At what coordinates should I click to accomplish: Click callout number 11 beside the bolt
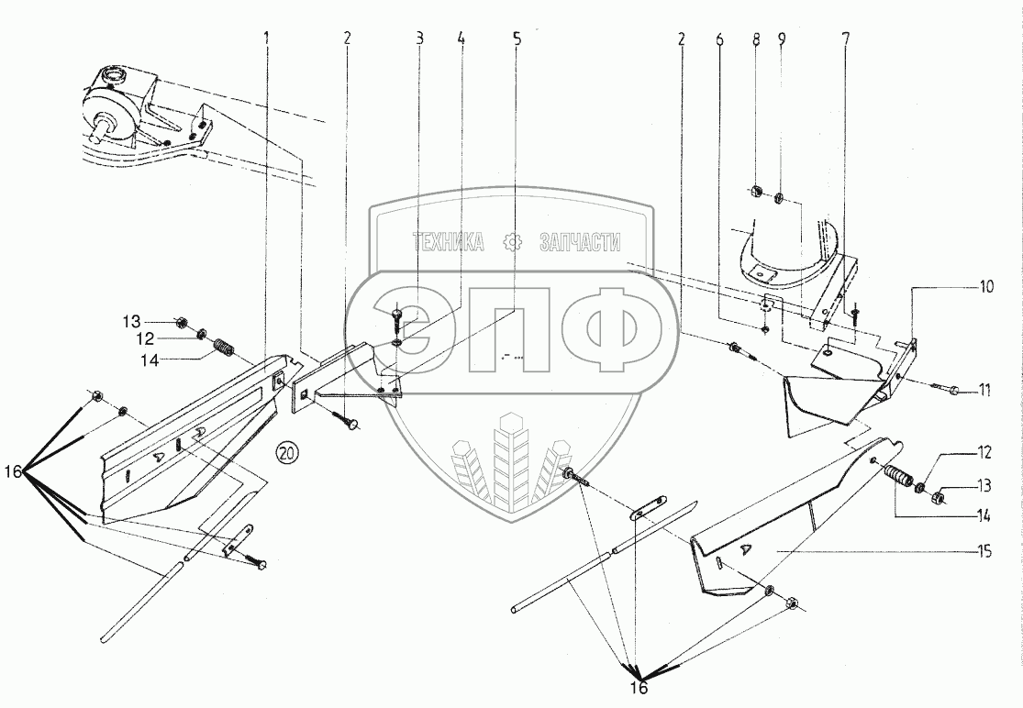pyautogui.click(x=984, y=390)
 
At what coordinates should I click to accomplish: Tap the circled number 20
pyautogui.click(x=287, y=451)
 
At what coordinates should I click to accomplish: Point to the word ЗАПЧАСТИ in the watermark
pyautogui.click(x=581, y=242)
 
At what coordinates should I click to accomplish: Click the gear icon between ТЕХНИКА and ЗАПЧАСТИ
pyautogui.click(x=515, y=242)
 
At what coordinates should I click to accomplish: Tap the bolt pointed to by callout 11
pyautogui.click(x=952, y=389)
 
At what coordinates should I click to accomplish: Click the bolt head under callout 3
pyautogui.click(x=396, y=315)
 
